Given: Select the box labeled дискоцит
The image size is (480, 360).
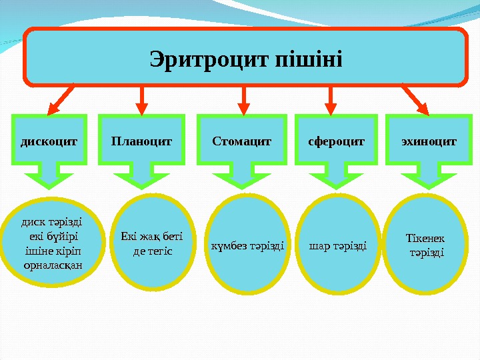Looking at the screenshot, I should tap(49, 141).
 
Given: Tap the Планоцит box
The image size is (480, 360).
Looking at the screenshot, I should tap(141, 141).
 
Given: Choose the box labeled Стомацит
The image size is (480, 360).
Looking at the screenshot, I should tap(242, 141).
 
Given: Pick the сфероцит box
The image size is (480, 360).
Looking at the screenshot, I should tap(336, 141).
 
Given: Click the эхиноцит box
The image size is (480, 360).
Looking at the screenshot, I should tap(429, 141).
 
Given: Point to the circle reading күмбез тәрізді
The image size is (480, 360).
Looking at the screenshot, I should tap(247, 245).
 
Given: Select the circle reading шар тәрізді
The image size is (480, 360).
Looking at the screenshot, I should tap(337, 245).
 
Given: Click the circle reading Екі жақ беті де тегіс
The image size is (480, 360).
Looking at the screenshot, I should tap(153, 243).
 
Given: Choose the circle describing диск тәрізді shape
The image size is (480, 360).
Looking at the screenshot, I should tap(53, 243).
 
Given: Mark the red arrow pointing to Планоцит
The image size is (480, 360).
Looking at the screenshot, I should tap(141, 99).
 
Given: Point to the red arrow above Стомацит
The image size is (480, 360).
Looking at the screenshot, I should tap(243, 99).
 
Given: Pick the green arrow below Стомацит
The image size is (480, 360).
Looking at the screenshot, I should tap(240, 177).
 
